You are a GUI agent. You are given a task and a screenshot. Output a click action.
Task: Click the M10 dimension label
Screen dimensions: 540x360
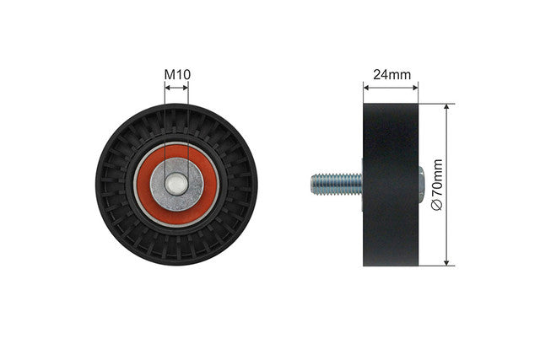tap(177, 74)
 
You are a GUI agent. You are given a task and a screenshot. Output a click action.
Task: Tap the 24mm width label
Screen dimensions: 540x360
tap(391, 74)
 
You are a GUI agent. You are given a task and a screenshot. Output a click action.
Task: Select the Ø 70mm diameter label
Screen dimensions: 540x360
tap(437, 185)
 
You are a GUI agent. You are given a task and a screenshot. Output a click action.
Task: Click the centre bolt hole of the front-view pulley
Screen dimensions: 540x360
tap(176, 184)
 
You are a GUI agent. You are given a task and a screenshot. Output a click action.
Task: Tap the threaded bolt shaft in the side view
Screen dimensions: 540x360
tap(337, 184)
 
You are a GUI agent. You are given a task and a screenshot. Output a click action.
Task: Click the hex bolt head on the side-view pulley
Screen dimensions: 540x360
tap(421, 185)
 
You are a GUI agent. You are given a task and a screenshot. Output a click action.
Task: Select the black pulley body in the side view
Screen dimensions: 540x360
tap(391, 185)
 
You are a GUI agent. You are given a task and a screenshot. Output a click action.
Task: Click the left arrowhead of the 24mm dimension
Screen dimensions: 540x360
tap(366, 88)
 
